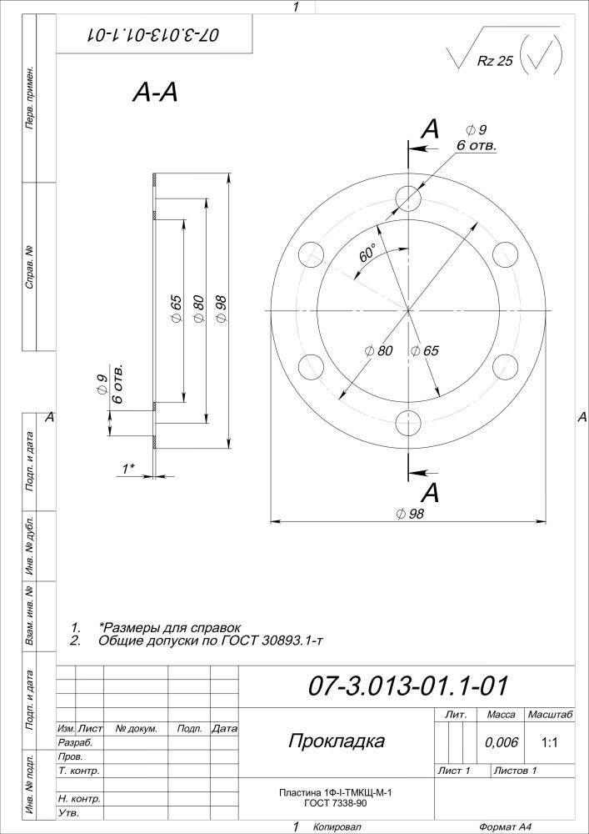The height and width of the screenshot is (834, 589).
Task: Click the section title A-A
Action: click(x=155, y=93)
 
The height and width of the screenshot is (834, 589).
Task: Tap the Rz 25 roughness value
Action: click(x=495, y=61)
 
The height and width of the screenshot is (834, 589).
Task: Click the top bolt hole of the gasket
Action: click(x=409, y=198)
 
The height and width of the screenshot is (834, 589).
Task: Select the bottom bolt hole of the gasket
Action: click(x=409, y=423)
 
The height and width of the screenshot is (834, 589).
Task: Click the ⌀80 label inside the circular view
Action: click(x=379, y=350)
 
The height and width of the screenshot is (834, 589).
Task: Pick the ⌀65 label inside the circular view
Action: click(x=425, y=350)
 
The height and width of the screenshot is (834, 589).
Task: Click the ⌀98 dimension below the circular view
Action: click(x=410, y=514)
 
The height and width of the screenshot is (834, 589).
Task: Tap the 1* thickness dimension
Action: click(x=128, y=469)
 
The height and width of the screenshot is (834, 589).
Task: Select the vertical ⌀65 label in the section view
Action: click(x=177, y=309)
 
